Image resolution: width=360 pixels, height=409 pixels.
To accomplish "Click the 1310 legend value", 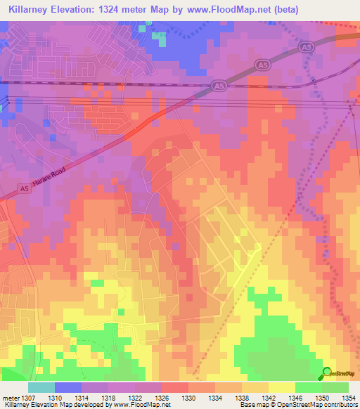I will tap(67, 398).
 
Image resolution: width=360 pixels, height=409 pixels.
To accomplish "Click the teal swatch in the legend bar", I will tap(41, 387).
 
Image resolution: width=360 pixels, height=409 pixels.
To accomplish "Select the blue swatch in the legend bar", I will tap(68, 387).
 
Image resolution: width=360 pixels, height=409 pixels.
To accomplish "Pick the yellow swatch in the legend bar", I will tap(282, 387).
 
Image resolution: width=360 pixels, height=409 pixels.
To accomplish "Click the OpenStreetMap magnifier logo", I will tap(327, 372).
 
